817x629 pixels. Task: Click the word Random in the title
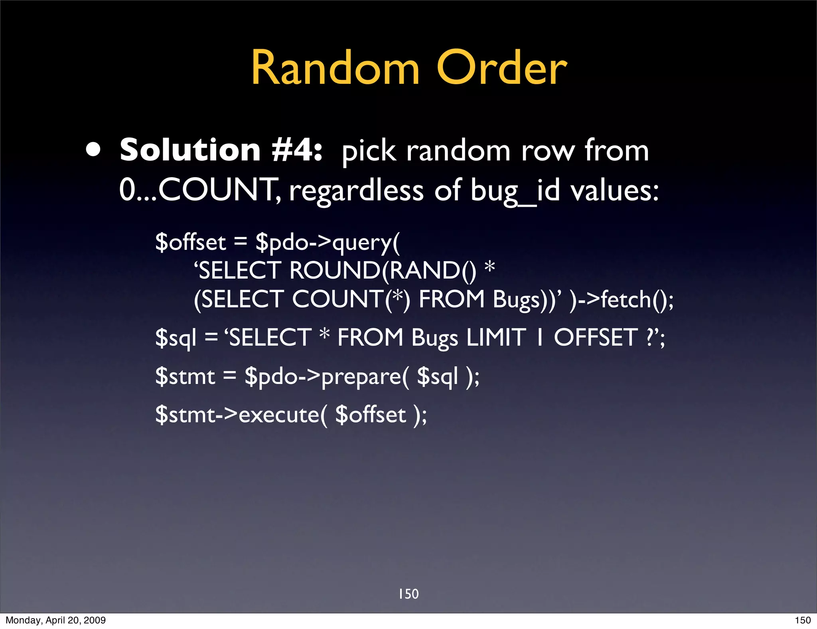[335, 68]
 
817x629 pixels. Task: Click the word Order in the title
[501, 68]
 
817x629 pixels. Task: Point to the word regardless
[356, 191]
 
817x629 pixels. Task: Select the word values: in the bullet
[614, 190]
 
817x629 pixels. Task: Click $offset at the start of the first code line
[191, 242]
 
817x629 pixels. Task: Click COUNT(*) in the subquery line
[351, 299]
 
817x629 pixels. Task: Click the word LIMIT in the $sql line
[496, 338]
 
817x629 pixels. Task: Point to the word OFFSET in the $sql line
[596, 338]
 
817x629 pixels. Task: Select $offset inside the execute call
[371, 415]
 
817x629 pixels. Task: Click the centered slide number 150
[408, 594]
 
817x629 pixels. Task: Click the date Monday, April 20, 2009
[55, 620]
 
